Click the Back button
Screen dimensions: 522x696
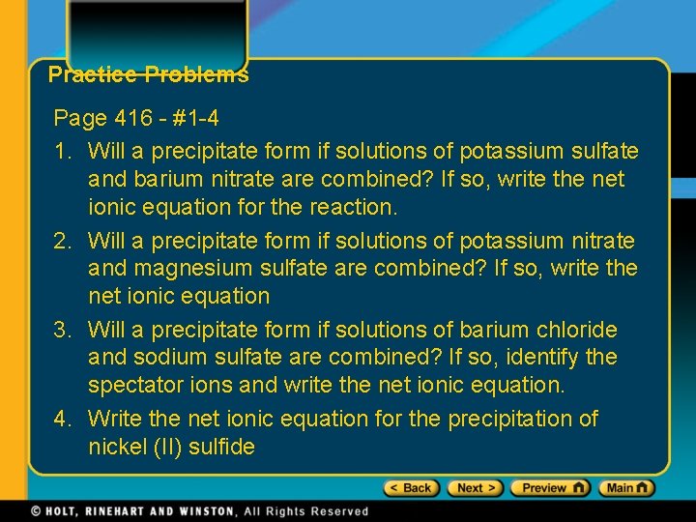[x=412, y=488]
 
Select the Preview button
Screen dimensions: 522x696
[x=549, y=488]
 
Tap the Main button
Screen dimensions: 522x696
[x=626, y=488]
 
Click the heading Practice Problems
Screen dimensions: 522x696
[x=148, y=74]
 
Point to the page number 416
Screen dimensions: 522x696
[x=133, y=119]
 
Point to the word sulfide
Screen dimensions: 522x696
[x=222, y=447]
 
